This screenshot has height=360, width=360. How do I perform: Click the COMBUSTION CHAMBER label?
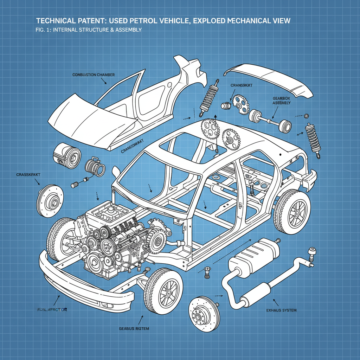tap(94, 75)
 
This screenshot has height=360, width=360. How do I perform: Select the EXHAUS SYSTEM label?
tap(281, 310)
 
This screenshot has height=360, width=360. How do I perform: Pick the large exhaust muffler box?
tap(254, 257)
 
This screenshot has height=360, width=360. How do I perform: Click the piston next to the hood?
tap(66, 154)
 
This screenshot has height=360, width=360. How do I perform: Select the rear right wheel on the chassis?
tap(291, 211)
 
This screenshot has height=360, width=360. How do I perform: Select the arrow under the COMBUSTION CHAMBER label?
tap(104, 82)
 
